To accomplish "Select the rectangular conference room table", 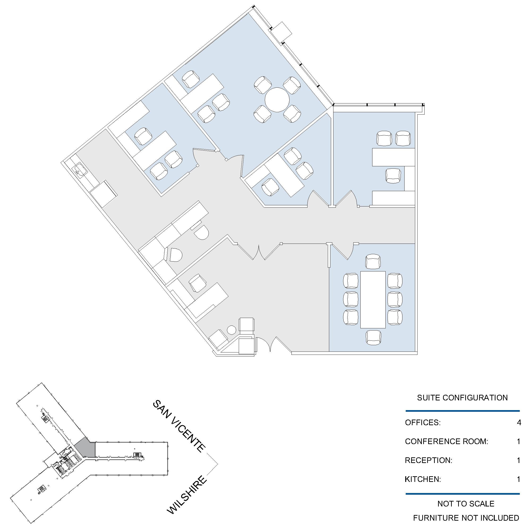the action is tap(373, 300).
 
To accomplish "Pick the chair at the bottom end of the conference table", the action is tap(374, 338).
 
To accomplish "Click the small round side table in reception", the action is tap(231, 330).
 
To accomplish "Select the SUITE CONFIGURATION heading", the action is tap(462, 398).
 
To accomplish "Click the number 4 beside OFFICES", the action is tap(519, 422).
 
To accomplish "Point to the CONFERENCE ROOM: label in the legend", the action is tap(446, 442).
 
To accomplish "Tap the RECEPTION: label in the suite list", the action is tap(429, 460).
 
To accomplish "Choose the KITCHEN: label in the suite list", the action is tap(423, 479).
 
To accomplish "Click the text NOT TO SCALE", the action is tap(466, 504).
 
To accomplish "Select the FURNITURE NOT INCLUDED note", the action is tap(466, 518).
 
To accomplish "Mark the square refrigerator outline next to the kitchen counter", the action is tap(103, 194).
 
